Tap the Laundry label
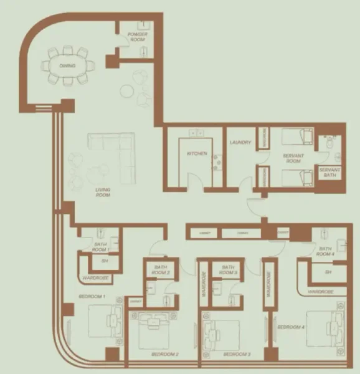coord(240,143)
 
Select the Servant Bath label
coord(328,173)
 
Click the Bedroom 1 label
coord(92,296)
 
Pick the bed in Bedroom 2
coord(154,330)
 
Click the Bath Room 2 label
coord(161,271)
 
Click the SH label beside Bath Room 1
coord(103,260)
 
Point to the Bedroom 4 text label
coord(290,327)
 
